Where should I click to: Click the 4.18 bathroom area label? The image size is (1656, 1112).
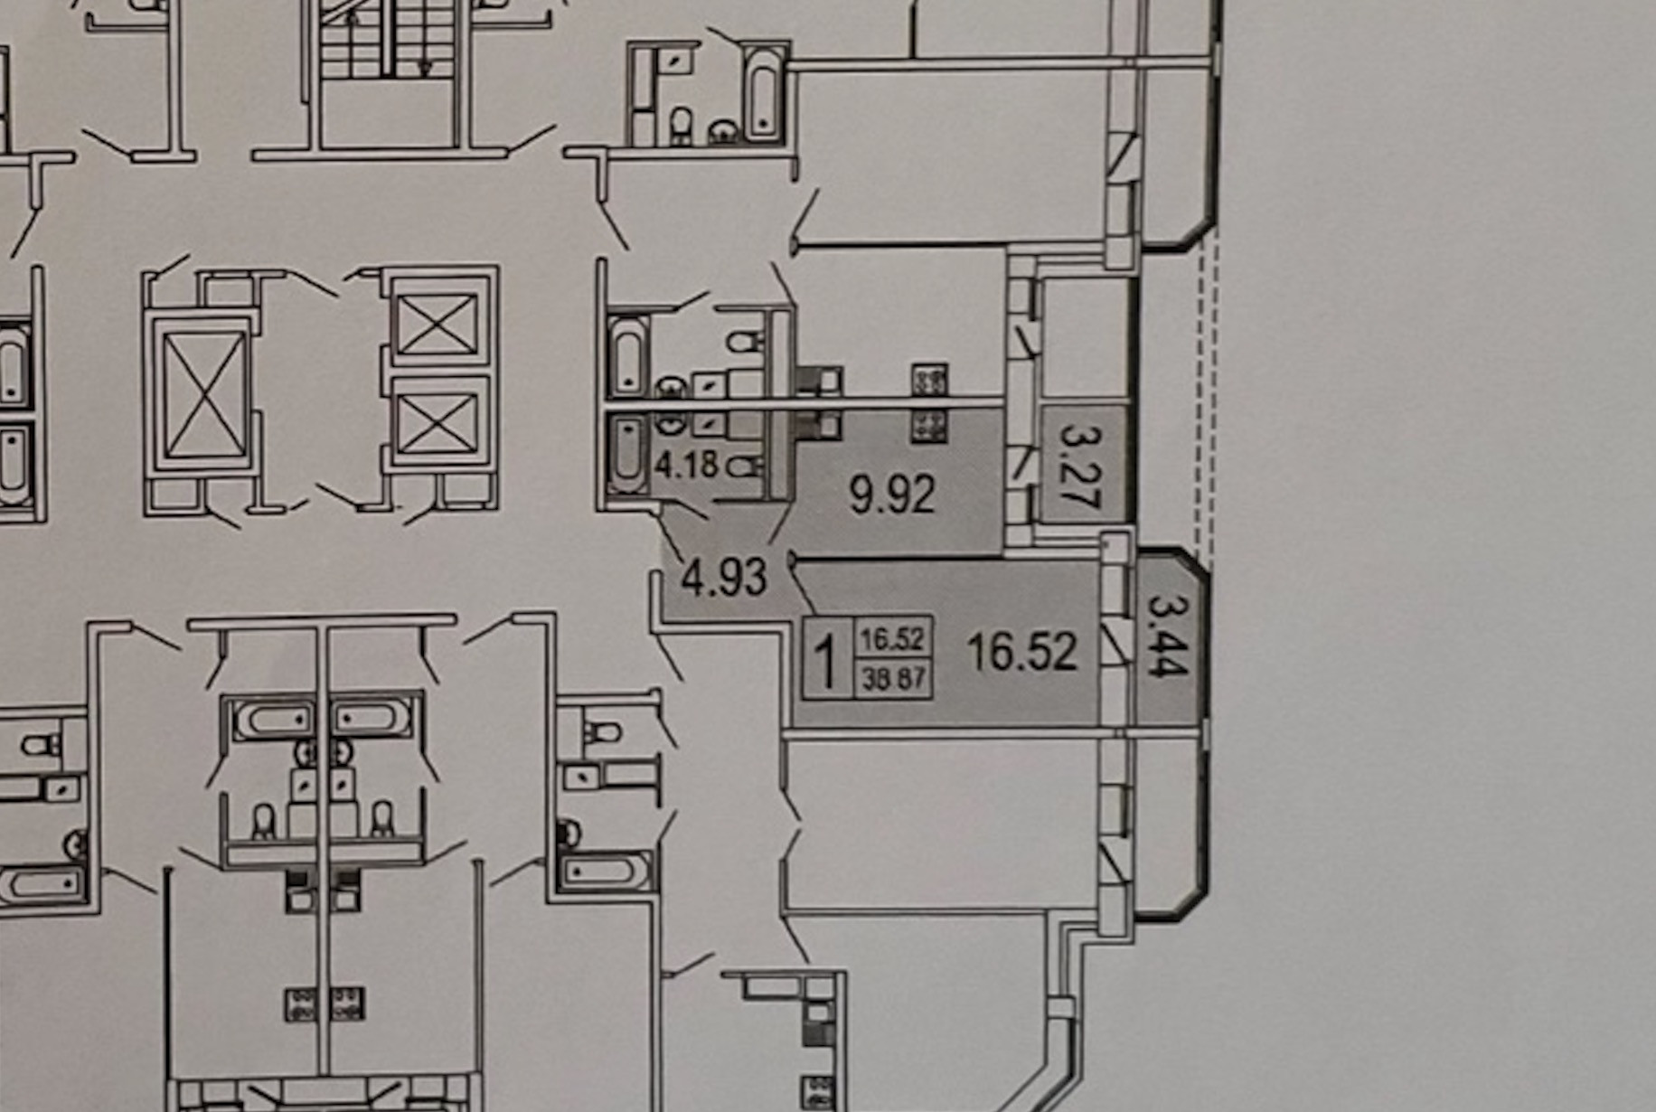[686, 465]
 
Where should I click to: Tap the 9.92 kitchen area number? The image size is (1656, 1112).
[892, 495]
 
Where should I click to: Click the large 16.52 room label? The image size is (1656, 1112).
[1022, 651]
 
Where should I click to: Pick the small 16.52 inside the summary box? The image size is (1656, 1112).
[892, 639]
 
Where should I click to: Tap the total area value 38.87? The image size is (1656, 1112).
[892, 678]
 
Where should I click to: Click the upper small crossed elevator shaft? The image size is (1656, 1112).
[438, 324]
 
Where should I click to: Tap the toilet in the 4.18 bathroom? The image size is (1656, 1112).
[743, 466]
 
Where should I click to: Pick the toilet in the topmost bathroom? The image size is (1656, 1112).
[682, 127]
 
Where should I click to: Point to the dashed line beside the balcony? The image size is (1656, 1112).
[1204, 389]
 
